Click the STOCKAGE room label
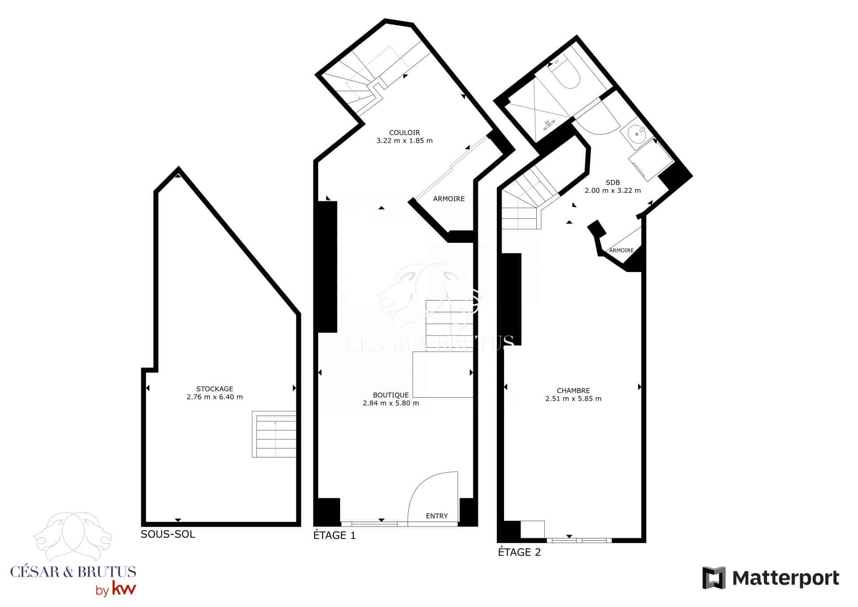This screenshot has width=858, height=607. (214, 389)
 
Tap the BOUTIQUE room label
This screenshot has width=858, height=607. (391, 395)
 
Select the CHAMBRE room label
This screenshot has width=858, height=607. (573, 391)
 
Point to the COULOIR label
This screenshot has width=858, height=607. (404, 132)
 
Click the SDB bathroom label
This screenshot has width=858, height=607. (613, 183)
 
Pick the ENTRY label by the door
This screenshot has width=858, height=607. (437, 516)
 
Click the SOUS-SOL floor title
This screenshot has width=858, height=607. (168, 534)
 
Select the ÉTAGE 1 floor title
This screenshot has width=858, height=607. (335, 535)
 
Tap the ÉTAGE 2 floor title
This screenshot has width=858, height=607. (519, 552)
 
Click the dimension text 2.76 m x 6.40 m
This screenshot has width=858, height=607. (214, 397)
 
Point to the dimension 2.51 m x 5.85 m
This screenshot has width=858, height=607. (573, 399)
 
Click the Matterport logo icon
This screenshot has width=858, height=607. (714, 578)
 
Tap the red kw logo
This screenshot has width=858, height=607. (123, 589)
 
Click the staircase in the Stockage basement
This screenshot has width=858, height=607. (274, 434)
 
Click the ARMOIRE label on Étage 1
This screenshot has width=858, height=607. (449, 199)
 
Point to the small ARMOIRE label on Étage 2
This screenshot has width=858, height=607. (621, 250)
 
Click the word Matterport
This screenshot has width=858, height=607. (786, 578)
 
